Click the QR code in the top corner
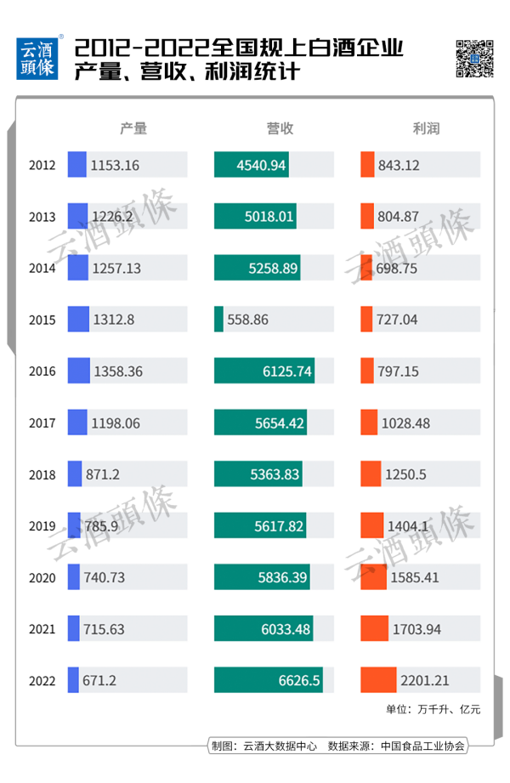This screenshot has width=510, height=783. (x=475, y=58)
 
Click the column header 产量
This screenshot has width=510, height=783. (x=133, y=128)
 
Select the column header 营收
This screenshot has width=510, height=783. (x=280, y=128)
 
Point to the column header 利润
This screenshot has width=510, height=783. (x=426, y=128)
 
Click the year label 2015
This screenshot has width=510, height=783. (x=42, y=320)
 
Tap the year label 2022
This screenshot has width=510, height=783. (x=42, y=681)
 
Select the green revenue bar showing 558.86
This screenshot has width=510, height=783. (x=218, y=320)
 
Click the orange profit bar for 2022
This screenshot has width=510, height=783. (x=378, y=681)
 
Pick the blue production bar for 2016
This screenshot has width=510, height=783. (x=79, y=371)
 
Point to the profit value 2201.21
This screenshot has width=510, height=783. (x=426, y=681)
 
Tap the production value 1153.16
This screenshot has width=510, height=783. (x=115, y=165)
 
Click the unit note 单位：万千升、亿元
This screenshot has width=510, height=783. (x=433, y=709)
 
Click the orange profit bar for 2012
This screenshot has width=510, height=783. (x=367, y=165)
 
